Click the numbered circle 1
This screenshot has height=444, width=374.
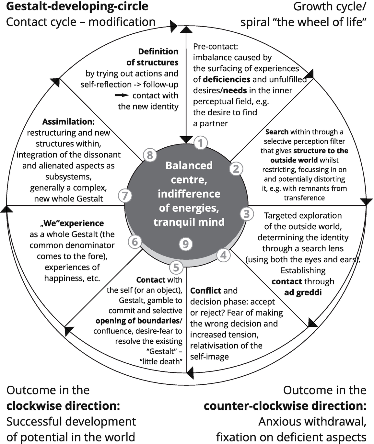pyautogui.click(x=201, y=143)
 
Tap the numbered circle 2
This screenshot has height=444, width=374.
pyautogui.click(x=236, y=169)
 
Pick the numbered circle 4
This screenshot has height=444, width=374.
pyautogui.click(x=223, y=255)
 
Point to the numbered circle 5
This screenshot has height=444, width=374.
pyautogui.click(x=176, y=268)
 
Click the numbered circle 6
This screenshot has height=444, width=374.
pyautogui.click(x=135, y=242)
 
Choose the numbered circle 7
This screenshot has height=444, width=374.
pyautogui.click(x=125, y=196)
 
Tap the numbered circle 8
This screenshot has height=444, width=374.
pyautogui.click(x=150, y=155)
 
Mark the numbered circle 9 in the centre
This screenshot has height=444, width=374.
pyautogui.click(x=186, y=244)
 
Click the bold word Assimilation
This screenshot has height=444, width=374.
pyautogui.click(x=68, y=122)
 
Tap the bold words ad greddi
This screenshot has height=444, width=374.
pyautogui.click(x=303, y=293)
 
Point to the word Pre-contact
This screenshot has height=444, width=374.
pyautogui.click(x=216, y=47)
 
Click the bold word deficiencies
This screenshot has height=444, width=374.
pyautogui.click(x=226, y=80)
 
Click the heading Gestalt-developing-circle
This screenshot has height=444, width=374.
pyautogui.click(x=77, y=6)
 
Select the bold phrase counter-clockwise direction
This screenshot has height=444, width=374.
pyautogui.click(x=285, y=406)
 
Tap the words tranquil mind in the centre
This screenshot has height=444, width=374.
pyautogui.click(x=189, y=222)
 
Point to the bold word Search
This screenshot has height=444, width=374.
pyautogui.click(x=277, y=132)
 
